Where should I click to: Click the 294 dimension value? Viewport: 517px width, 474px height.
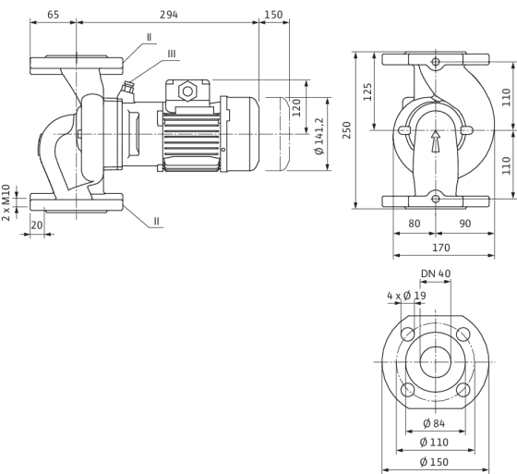(169, 15)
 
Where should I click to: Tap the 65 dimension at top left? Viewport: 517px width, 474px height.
(54, 15)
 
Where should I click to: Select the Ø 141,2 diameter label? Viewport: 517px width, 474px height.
(319, 136)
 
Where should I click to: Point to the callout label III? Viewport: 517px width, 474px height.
(172, 54)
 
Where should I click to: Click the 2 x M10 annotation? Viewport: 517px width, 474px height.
(6, 202)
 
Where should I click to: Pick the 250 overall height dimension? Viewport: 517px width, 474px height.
(346, 130)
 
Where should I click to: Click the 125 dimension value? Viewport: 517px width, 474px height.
(367, 91)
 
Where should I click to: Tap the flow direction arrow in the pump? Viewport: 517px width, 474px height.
(436, 141)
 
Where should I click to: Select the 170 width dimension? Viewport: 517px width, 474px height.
(441, 248)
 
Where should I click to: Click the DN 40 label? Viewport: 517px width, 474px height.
(436, 273)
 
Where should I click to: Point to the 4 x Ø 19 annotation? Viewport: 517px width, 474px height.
(406, 296)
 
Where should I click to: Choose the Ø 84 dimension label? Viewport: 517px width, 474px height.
(434, 423)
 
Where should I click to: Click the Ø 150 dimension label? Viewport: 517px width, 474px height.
(434, 462)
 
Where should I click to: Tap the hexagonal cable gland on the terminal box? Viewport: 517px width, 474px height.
(187, 91)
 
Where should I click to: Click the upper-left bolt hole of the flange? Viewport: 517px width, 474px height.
(407, 334)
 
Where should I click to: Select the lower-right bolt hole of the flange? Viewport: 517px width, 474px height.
(463, 390)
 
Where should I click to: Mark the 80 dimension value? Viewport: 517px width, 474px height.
(415, 224)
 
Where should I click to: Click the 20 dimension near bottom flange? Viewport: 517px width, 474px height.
(37, 225)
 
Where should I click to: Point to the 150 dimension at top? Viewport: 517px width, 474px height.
(273, 15)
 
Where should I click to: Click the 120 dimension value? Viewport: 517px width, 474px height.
(296, 107)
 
